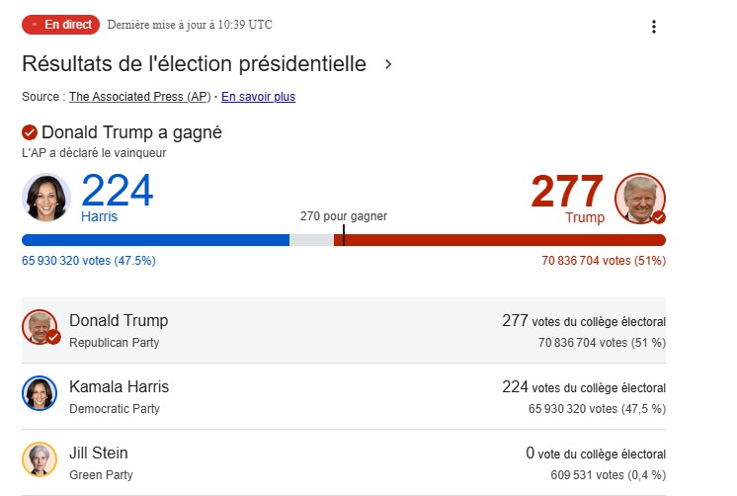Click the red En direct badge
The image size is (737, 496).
tap(60, 24)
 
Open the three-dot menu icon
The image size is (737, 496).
tap(653, 27)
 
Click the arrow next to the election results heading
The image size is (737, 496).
tap(388, 65)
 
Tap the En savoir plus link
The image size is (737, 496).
tap(258, 97)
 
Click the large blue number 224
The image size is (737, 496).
tap(117, 191)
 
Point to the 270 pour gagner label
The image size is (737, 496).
tap(344, 215)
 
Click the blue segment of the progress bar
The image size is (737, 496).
tap(155, 240)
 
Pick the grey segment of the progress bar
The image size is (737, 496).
tap(311, 240)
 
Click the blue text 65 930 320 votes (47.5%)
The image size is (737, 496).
tap(89, 261)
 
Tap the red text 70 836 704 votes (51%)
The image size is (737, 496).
tap(603, 261)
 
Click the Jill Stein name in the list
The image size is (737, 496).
tap(98, 454)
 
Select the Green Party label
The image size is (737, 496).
tap(101, 475)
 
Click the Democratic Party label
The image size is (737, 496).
tap(114, 409)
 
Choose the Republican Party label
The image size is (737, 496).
tap(114, 343)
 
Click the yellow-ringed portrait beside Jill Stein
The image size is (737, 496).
tap(40, 460)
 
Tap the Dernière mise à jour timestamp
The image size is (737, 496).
tap(189, 24)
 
